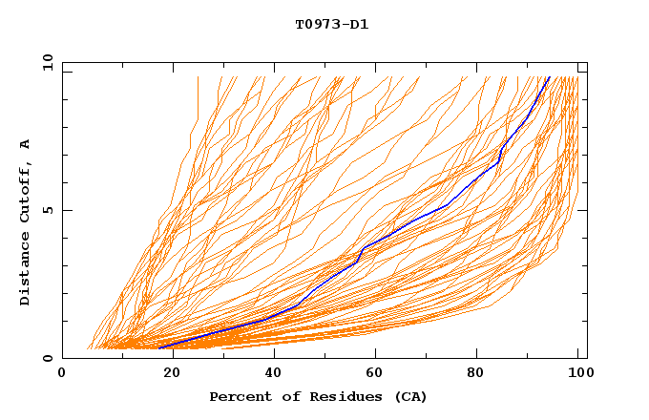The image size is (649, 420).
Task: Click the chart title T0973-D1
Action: [331, 24]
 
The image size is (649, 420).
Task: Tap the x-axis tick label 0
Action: [62, 374]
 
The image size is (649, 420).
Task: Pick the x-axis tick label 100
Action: [578, 374]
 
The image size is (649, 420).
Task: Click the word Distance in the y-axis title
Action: [26, 271]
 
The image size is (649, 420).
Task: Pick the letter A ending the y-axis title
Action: [26, 144]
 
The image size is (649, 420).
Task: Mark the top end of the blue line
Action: [549, 77]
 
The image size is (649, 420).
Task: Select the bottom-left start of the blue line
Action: [159, 347]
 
